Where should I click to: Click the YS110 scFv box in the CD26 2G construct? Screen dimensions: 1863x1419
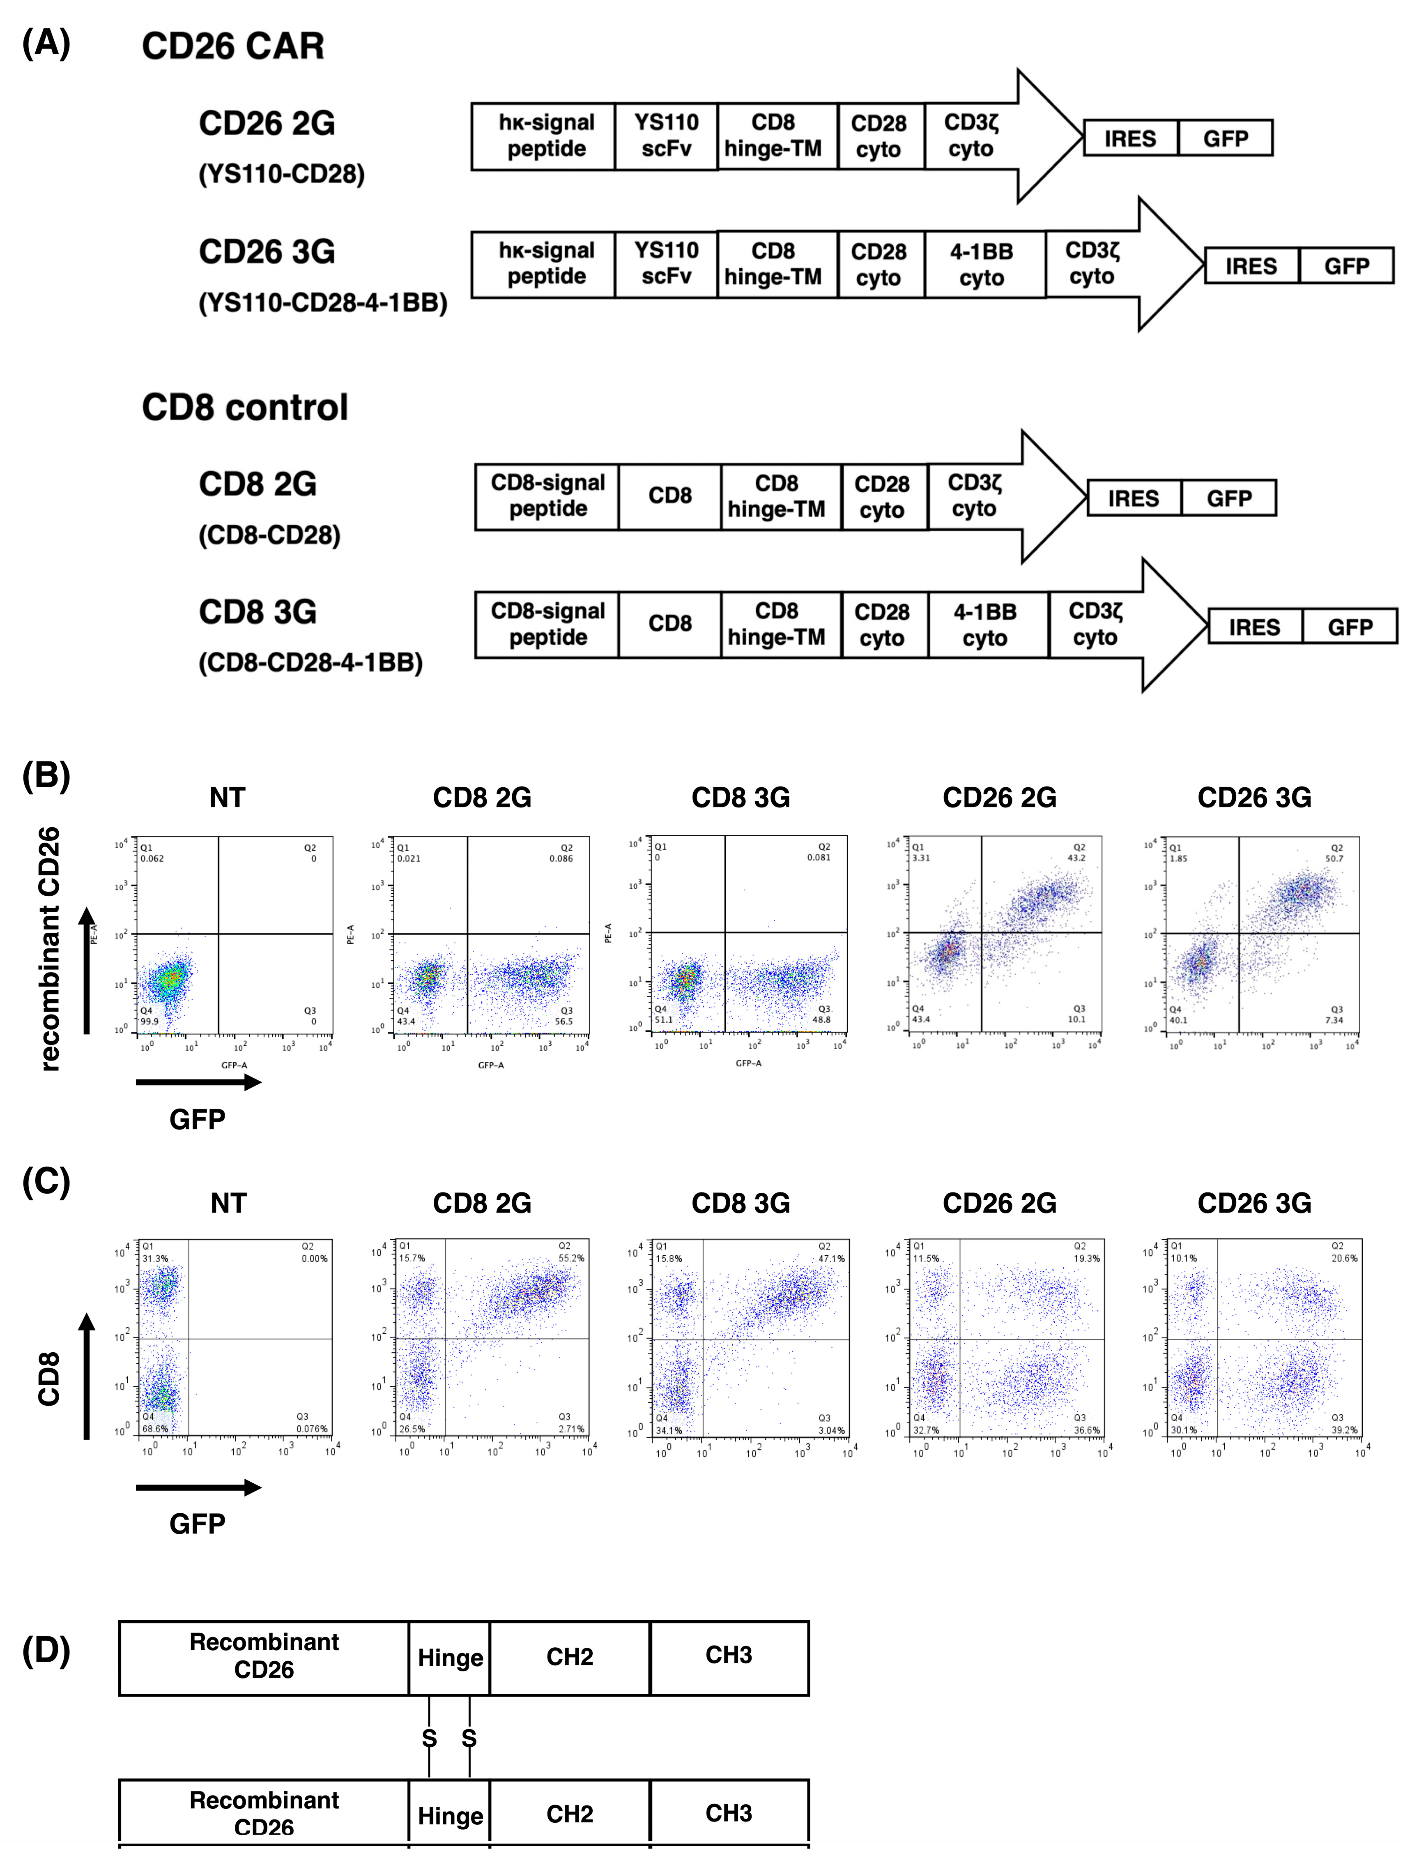(x=667, y=136)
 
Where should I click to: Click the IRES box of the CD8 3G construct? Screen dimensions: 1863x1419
(x=1254, y=627)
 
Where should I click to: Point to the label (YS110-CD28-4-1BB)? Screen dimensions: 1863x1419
(x=323, y=302)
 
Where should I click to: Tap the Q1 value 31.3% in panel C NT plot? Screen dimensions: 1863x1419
(x=155, y=1258)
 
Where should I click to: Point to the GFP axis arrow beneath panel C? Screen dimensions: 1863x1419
(x=198, y=1488)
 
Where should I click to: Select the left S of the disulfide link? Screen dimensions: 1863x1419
(x=429, y=1738)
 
